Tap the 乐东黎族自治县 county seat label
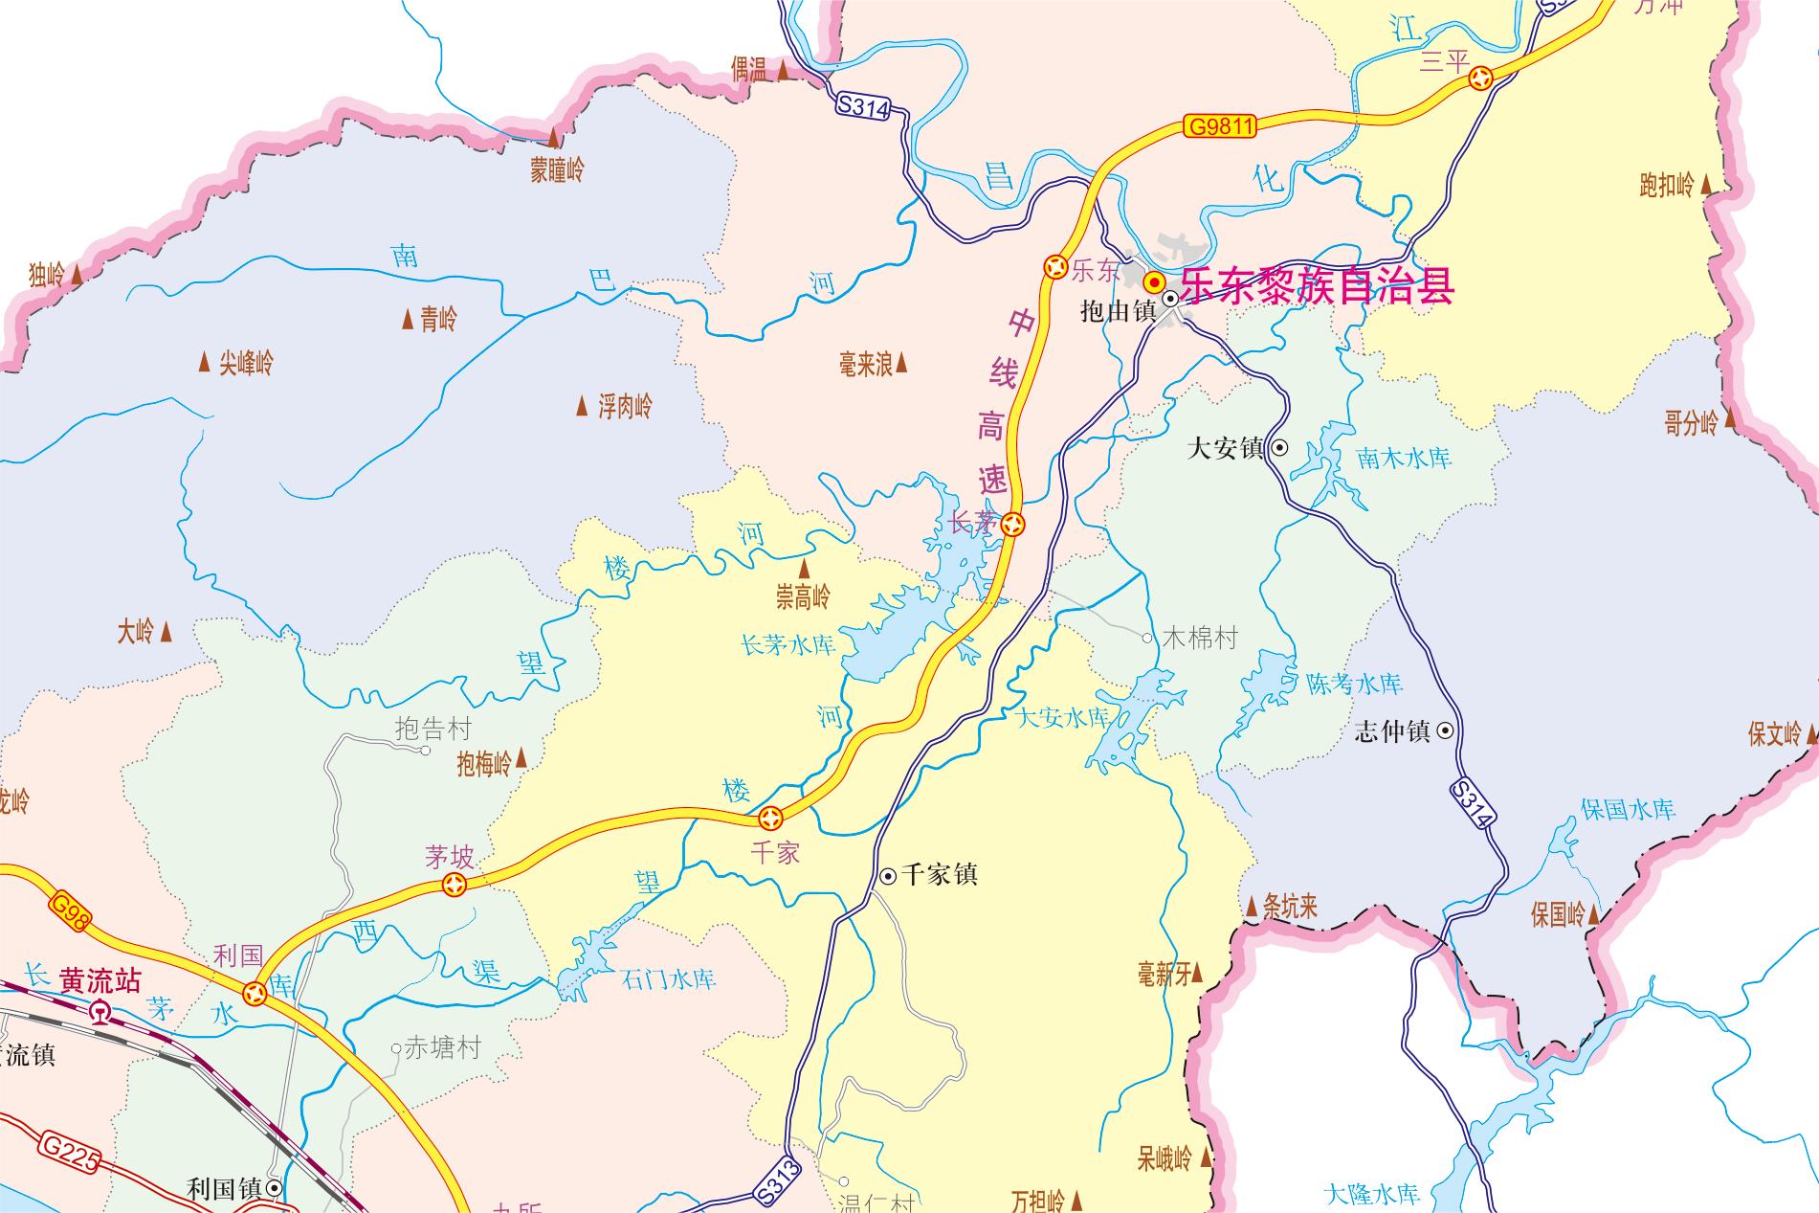1318,285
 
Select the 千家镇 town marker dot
888,875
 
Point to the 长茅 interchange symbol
1014,524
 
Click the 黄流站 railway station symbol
100,1011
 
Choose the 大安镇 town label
1226,448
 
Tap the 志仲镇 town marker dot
1446,731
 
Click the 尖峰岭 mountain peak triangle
204,363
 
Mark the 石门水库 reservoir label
669,979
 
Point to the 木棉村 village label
1200,638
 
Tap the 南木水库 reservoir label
1404,459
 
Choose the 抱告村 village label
433,730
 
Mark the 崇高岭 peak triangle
805,571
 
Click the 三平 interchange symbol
1481,79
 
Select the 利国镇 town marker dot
275,1188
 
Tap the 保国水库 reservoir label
1628,809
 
